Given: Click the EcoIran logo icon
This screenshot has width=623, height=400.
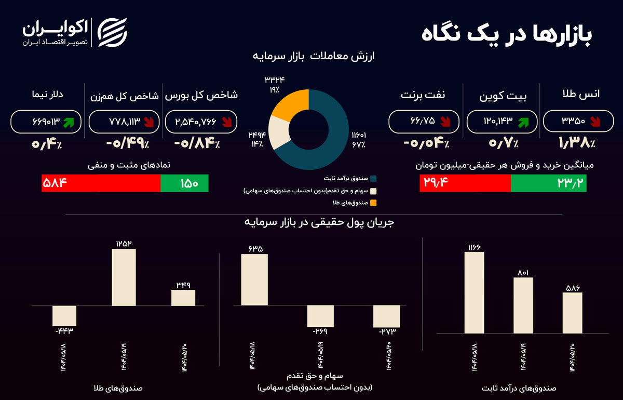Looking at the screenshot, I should [x=113, y=33].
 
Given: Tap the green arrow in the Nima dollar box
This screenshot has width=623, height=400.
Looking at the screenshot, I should [x=69, y=122].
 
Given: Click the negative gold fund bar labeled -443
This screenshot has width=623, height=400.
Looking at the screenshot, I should [x=64, y=315].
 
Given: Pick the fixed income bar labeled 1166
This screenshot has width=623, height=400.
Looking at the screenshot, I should [x=474, y=292].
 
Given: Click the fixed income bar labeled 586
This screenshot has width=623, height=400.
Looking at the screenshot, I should [x=572, y=312].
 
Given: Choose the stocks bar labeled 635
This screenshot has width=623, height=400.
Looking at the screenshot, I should [x=254, y=279].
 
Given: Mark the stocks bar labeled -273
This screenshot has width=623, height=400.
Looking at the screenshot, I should [x=387, y=315].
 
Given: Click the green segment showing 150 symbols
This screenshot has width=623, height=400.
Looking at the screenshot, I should [x=184, y=183].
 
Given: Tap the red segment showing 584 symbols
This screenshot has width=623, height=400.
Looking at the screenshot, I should [x=101, y=183].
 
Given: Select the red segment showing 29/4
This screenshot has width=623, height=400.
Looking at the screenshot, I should [x=465, y=183].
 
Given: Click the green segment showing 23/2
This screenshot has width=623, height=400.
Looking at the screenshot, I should [x=549, y=183].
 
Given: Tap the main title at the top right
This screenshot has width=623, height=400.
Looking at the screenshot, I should [x=507, y=35].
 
